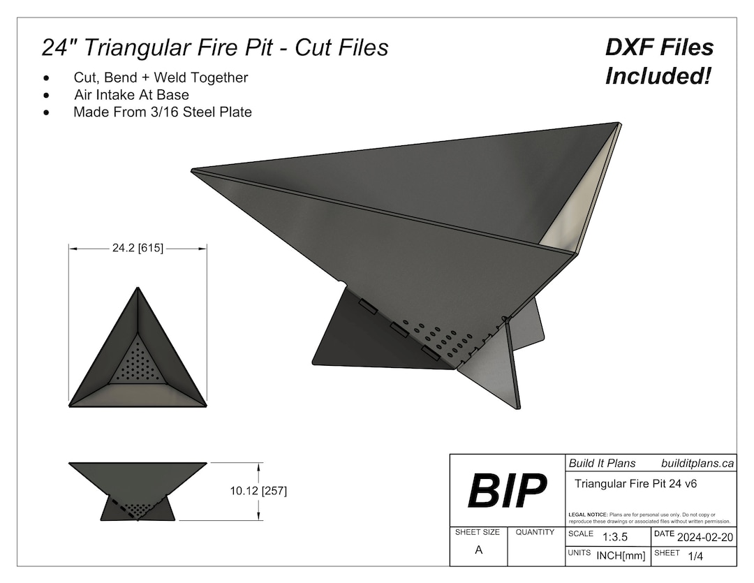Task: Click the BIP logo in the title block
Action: (x=508, y=490)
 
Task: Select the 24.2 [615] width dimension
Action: (x=138, y=248)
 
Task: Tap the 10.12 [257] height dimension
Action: (x=258, y=491)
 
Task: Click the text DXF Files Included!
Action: (x=658, y=61)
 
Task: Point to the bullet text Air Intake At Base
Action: (x=131, y=94)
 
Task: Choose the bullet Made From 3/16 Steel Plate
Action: (x=162, y=112)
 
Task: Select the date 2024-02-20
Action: (x=704, y=537)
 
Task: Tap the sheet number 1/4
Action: (x=695, y=556)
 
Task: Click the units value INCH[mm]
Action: (x=619, y=556)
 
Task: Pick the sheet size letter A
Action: (x=478, y=550)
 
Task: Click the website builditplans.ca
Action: (x=697, y=463)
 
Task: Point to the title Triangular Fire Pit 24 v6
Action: (x=636, y=483)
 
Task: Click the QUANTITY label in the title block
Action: (x=535, y=532)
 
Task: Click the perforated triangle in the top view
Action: (x=138, y=364)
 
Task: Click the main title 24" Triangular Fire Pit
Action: (x=214, y=47)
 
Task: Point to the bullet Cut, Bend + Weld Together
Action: (x=161, y=78)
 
